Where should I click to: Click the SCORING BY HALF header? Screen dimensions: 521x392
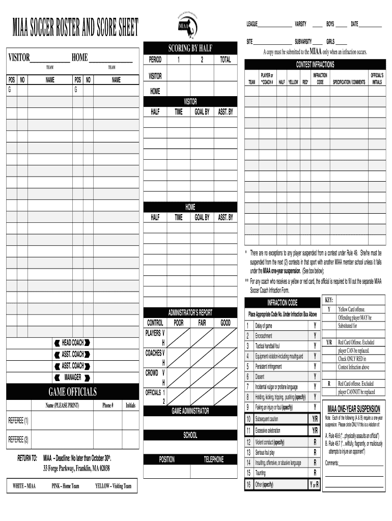click(190, 48)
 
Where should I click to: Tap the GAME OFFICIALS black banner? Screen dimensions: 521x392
click(72, 392)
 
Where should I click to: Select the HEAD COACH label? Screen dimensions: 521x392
click(72, 343)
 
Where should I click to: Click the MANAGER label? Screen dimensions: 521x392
click(72, 377)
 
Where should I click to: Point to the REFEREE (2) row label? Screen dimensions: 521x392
click(19, 439)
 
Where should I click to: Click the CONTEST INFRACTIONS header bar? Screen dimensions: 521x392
click(315, 65)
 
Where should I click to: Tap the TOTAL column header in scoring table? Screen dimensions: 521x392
click(225, 60)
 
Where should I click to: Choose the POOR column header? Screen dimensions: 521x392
click(179, 323)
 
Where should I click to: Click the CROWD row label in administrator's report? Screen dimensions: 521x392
click(152, 373)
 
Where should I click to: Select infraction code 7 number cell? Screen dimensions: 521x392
click(248, 387)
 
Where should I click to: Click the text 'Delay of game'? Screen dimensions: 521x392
click(264, 326)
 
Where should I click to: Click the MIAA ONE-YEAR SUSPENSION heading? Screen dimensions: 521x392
click(354, 409)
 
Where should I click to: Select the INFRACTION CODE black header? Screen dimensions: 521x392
click(283, 303)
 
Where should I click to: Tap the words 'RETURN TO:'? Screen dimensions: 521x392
click(27, 458)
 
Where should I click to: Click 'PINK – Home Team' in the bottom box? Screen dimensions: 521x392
click(65, 486)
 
